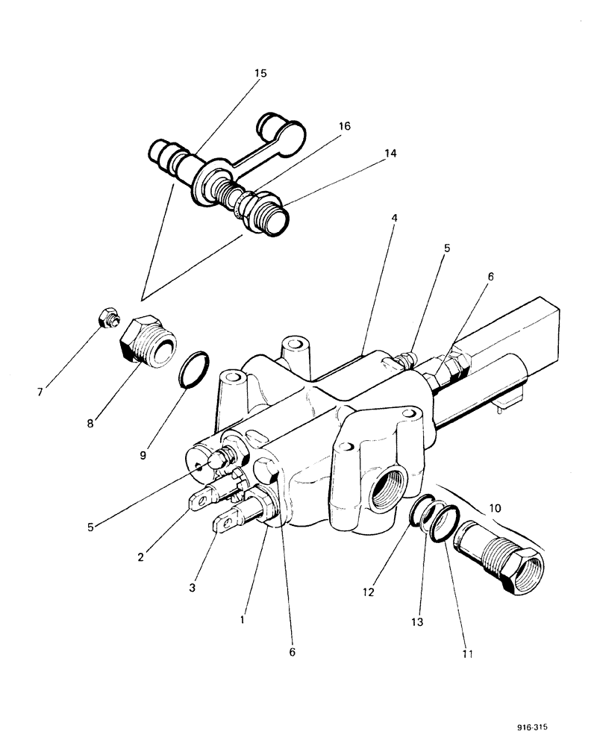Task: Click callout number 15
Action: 260,74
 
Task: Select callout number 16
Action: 344,127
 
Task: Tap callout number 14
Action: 390,154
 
